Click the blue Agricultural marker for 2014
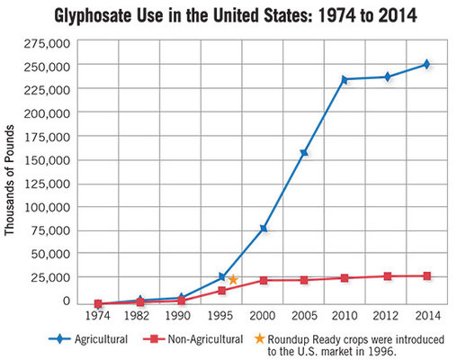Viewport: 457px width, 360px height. click(x=426, y=64)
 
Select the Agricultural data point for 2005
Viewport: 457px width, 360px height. click(x=304, y=153)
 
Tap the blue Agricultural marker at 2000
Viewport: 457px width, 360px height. click(x=264, y=229)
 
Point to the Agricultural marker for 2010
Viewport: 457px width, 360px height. click(x=345, y=80)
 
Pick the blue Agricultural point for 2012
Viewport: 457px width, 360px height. click(x=388, y=77)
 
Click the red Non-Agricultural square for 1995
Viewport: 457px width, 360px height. click(x=221, y=291)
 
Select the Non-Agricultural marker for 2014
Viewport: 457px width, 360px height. click(x=427, y=276)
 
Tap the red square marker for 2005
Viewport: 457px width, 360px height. click(x=304, y=280)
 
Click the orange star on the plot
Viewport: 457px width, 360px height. click(x=233, y=280)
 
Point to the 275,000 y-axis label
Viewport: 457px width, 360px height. click(x=47, y=44)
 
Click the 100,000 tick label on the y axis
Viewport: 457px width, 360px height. click(x=47, y=207)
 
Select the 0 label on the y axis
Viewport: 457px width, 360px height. click(x=66, y=301)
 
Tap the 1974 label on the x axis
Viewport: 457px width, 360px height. click(x=98, y=316)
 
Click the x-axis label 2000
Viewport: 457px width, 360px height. click(x=263, y=316)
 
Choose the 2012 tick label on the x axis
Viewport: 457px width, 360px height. click(x=385, y=316)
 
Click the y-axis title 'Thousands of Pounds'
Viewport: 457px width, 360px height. click(x=9, y=180)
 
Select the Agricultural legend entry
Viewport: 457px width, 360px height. click(x=88, y=339)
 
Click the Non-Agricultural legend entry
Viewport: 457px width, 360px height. click(x=193, y=339)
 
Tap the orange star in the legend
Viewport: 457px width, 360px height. click(x=259, y=338)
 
